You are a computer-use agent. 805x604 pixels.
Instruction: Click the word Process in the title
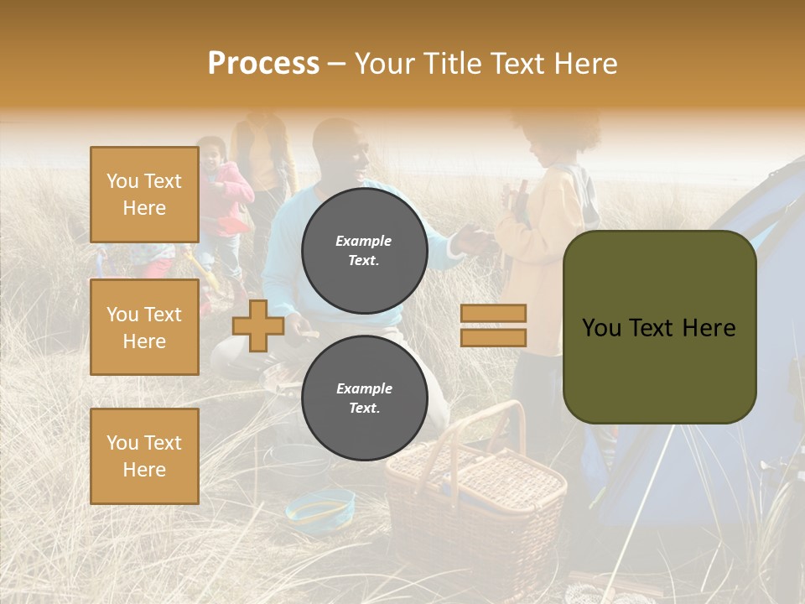click(263, 64)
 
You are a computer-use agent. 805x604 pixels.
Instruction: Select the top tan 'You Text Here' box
click(144, 195)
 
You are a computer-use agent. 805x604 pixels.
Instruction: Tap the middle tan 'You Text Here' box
click(144, 327)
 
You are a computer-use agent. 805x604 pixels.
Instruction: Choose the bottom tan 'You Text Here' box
click(144, 456)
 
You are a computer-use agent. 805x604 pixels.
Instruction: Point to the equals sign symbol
click(493, 325)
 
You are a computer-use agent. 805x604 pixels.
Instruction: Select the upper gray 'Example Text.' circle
click(364, 250)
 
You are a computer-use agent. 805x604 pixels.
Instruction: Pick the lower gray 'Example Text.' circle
click(364, 398)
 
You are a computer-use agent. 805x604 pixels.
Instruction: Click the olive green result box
click(659, 327)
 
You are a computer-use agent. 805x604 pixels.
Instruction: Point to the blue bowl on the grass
click(319, 506)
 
